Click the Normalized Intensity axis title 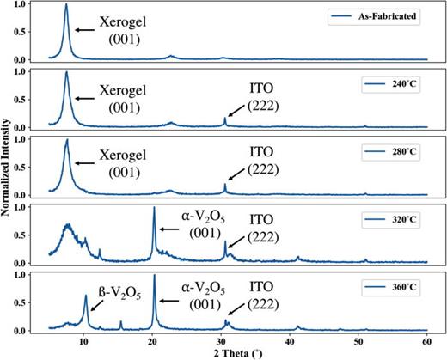tap(8, 168)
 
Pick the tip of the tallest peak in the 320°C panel tap(154, 207)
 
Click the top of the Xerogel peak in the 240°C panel tap(66, 71)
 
